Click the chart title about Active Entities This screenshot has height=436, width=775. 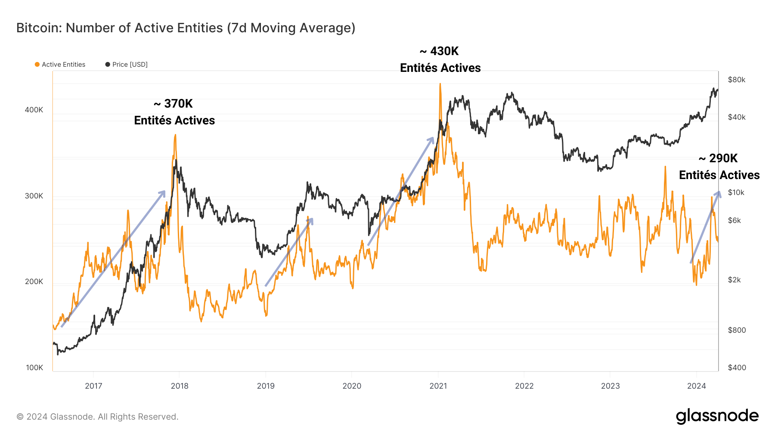[186, 28]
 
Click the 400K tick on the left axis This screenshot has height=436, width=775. [34, 110]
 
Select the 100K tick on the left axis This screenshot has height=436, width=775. [34, 368]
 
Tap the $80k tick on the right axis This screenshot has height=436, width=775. [736, 80]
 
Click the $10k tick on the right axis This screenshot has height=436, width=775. [736, 192]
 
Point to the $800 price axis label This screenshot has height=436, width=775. [736, 330]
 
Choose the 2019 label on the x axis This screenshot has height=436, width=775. [266, 386]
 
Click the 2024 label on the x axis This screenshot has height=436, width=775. [696, 386]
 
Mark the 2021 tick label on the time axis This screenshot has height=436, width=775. [438, 386]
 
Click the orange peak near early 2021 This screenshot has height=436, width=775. [440, 84]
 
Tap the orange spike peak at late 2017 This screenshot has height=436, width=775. [175, 135]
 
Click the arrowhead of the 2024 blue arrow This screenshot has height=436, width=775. [718, 193]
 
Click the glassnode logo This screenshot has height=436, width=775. [717, 416]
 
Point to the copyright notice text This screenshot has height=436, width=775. [97, 417]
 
